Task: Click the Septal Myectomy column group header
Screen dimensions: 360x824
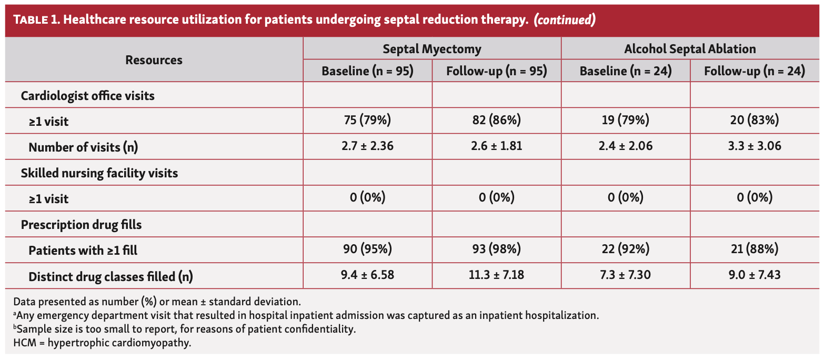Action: pos(431,49)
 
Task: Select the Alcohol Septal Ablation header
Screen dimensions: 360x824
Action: pos(690,49)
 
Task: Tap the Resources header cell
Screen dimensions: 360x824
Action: pos(154,60)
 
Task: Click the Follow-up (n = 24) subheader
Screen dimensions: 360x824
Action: pos(755,71)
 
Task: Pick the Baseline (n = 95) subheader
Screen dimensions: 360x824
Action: pos(367,71)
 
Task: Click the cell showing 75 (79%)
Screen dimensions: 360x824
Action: pos(367,121)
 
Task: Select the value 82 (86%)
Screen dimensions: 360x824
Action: pos(496,121)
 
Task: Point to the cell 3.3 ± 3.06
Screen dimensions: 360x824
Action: pos(755,146)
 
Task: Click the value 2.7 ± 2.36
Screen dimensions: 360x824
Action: pos(367,146)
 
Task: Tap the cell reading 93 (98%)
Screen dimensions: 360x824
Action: pos(496,250)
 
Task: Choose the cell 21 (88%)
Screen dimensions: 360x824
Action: pos(755,250)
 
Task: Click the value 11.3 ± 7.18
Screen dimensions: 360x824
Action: pos(496,276)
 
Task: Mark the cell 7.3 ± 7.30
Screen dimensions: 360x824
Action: pos(626,276)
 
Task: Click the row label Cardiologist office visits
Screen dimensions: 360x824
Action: pos(87,96)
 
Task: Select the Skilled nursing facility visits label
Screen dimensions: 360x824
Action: pos(99,173)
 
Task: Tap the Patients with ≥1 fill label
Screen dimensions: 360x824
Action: pos(83,251)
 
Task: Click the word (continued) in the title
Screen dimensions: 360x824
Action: pos(565,20)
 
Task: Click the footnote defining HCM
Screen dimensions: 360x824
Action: pos(102,343)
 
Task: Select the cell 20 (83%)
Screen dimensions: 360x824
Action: pos(755,121)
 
